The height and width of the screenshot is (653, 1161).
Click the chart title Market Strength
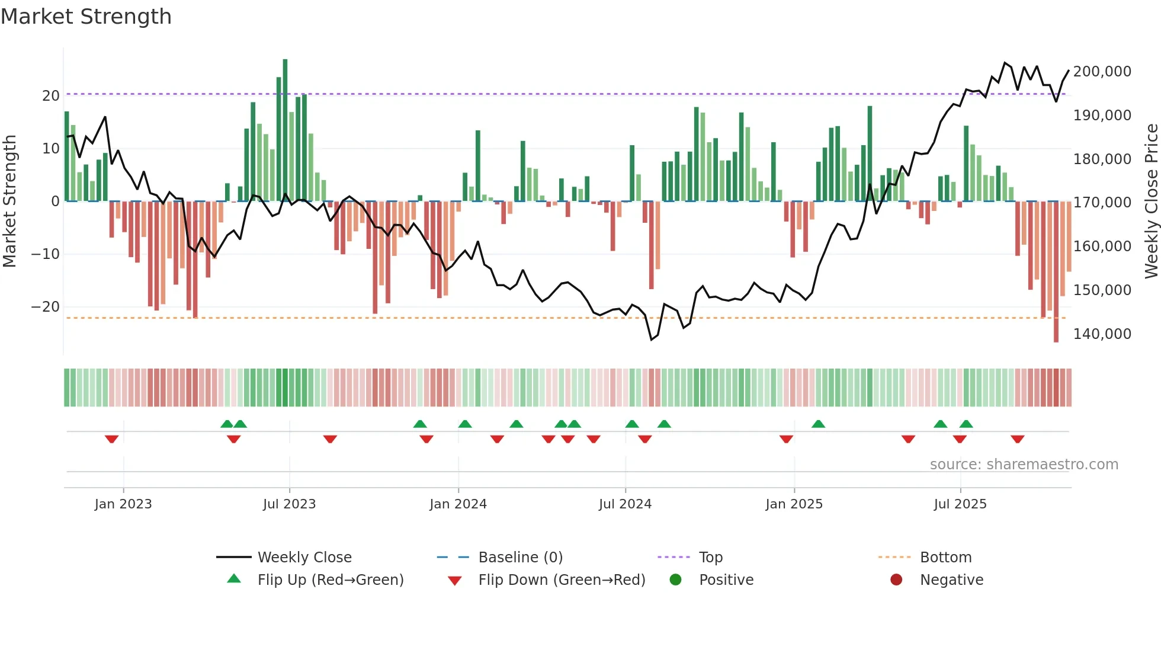(x=86, y=17)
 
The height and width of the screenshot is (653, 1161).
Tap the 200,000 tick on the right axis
(x=1102, y=72)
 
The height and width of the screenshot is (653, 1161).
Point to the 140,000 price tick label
(x=1102, y=334)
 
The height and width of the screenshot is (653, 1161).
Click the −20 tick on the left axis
(x=46, y=307)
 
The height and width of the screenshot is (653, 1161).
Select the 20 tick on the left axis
(x=51, y=96)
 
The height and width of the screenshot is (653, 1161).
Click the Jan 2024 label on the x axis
(x=458, y=504)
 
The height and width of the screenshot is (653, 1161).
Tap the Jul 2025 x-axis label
(x=960, y=504)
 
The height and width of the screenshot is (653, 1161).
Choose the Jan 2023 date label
(x=123, y=504)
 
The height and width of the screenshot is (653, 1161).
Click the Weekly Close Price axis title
(x=1151, y=201)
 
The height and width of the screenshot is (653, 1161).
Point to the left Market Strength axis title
(x=10, y=201)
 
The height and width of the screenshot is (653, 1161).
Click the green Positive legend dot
(x=675, y=580)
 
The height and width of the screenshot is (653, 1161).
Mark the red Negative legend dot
(x=896, y=580)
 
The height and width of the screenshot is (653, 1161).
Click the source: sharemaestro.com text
(x=1024, y=465)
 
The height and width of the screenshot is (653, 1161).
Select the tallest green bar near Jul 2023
(x=285, y=130)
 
